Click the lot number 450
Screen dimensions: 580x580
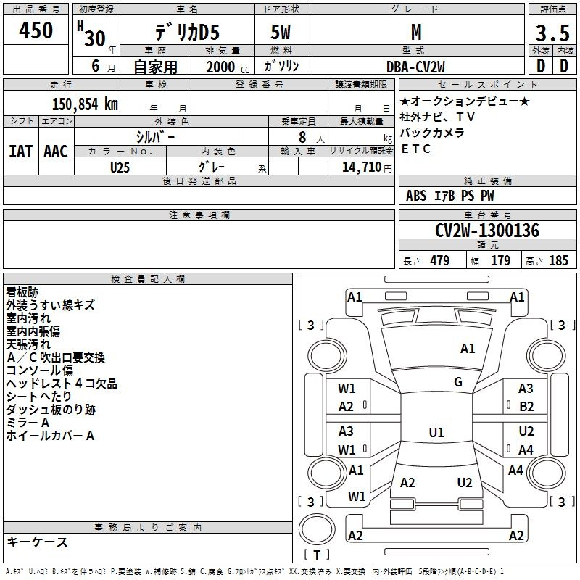(36, 30)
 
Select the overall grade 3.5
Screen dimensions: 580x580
(552, 33)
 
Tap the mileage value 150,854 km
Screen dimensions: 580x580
(85, 104)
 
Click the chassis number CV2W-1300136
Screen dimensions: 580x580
(486, 231)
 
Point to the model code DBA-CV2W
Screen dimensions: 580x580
(415, 67)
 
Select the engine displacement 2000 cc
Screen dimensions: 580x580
(228, 67)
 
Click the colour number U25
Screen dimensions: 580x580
(120, 167)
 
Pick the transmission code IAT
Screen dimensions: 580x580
(20, 152)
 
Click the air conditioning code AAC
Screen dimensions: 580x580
(56, 152)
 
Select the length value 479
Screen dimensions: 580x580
(440, 260)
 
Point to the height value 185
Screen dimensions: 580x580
(558, 260)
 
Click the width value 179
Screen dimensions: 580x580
(500, 260)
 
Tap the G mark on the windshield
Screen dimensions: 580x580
(458, 382)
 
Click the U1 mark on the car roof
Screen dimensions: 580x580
(436, 432)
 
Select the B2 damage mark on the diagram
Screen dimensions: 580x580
(526, 407)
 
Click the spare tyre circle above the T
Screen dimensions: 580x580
(317, 529)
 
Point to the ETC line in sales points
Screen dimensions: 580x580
(415, 149)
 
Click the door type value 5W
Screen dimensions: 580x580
(281, 32)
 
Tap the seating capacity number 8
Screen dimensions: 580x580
(302, 137)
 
